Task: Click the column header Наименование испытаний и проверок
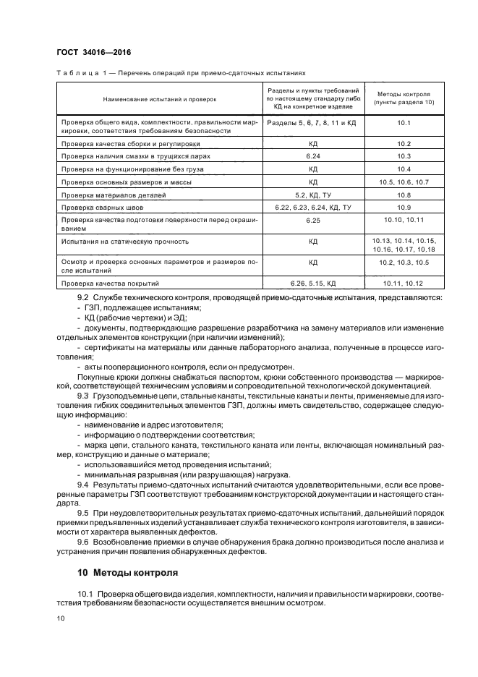pyautogui.click(x=160, y=99)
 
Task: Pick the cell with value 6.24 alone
pyautogui.click(x=313, y=156)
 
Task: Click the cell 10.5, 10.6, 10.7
pyautogui.click(x=404, y=182)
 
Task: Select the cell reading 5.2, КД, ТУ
pyautogui.click(x=313, y=195)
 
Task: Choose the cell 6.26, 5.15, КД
pyautogui.click(x=313, y=284)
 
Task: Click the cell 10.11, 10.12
pyautogui.click(x=404, y=284)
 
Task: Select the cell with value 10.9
pyautogui.click(x=404, y=208)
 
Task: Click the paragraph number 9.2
pyautogui.click(x=82, y=298)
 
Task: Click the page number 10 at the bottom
pyautogui.click(x=61, y=618)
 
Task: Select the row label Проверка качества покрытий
pyautogui.click(x=110, y=284)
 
